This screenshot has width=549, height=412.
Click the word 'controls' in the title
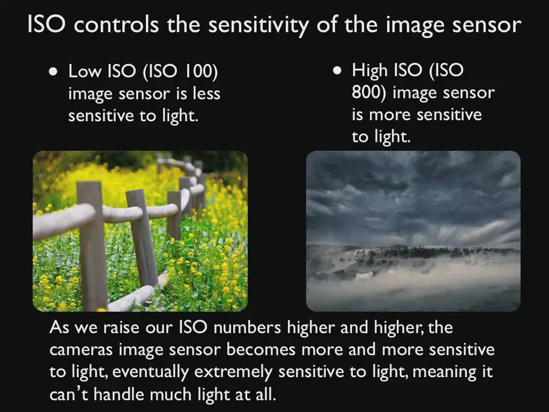pyautogui.click(x=117, y=25)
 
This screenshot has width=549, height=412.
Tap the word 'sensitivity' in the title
pyautogui.click(x=258, y=26)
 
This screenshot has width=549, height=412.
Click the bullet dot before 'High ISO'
pyautogui.click(x=337, y=71)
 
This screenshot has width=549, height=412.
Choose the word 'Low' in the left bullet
pyautogui.click(x=84, y=71)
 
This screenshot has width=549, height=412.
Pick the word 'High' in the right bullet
pyautogui.click(x=370, y=71)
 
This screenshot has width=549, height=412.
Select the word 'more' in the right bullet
pyautogui.click(x=389, y=115)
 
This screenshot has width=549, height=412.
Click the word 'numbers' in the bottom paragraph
pyautogui.click(x=247, y=327)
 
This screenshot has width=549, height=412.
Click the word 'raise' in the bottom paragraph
pyautogui.click(x=122, y=328)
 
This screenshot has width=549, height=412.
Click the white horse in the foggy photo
pyautogui.click(x=364, y=276)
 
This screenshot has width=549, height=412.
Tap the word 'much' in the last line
pyautogui.click(x=171, y=394)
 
